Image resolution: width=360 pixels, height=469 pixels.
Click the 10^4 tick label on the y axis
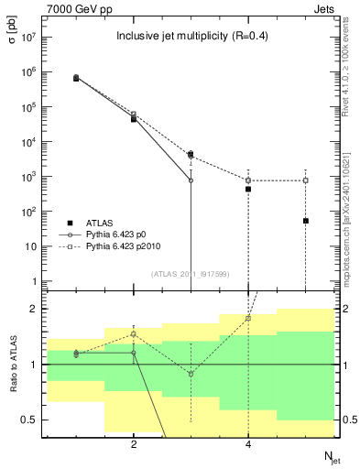point(26,142)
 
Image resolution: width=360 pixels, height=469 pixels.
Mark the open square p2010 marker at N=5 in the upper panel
point(306,180)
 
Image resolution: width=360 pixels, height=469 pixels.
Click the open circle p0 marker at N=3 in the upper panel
point(191,180)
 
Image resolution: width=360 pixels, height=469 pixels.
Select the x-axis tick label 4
point(248,444)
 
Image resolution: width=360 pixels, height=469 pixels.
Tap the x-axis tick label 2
point(134,444)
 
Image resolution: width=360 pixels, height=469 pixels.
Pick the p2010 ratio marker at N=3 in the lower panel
point(191,374)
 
